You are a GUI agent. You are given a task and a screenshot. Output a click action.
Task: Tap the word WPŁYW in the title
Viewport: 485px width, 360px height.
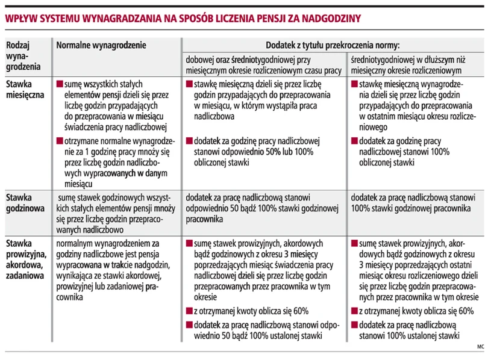point(22,18)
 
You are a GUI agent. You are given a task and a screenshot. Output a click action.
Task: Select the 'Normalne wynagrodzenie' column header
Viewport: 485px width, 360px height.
point(101,45)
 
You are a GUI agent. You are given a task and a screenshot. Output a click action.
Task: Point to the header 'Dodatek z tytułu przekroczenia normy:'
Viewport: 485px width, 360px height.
point(333,45)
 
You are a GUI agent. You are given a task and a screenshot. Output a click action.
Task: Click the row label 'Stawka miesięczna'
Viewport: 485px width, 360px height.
point(26,91)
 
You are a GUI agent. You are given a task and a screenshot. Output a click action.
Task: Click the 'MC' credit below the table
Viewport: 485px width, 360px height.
point(480,347)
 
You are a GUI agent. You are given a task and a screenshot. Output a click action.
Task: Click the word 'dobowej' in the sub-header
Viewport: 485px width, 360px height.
point(201,60)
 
